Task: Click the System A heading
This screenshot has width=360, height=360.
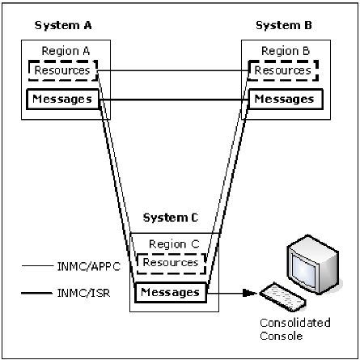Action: tap(61, 25)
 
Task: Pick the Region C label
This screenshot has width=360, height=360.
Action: tap(170, 244)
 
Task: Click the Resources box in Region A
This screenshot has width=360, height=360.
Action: tap(61, 72)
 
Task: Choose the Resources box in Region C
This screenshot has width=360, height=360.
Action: tap(170, 263)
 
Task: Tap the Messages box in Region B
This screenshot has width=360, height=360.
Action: tap(282, 100)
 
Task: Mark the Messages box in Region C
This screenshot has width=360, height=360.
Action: tap(171, 290)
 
